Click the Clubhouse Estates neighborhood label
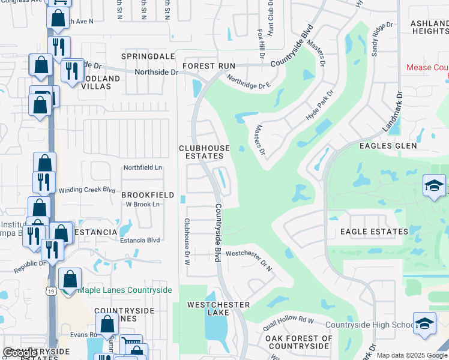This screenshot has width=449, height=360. click(204, 152)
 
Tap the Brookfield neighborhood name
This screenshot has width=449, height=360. click(148, 195)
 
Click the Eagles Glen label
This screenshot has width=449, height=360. click(388, 146)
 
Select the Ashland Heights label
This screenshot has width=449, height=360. click(429, 27)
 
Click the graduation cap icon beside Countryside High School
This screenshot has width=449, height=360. click(424, 323)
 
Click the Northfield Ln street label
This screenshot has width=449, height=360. click(143, 167)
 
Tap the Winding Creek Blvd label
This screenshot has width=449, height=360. click(86, 190)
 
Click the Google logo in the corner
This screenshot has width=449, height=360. click(19, 352)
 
